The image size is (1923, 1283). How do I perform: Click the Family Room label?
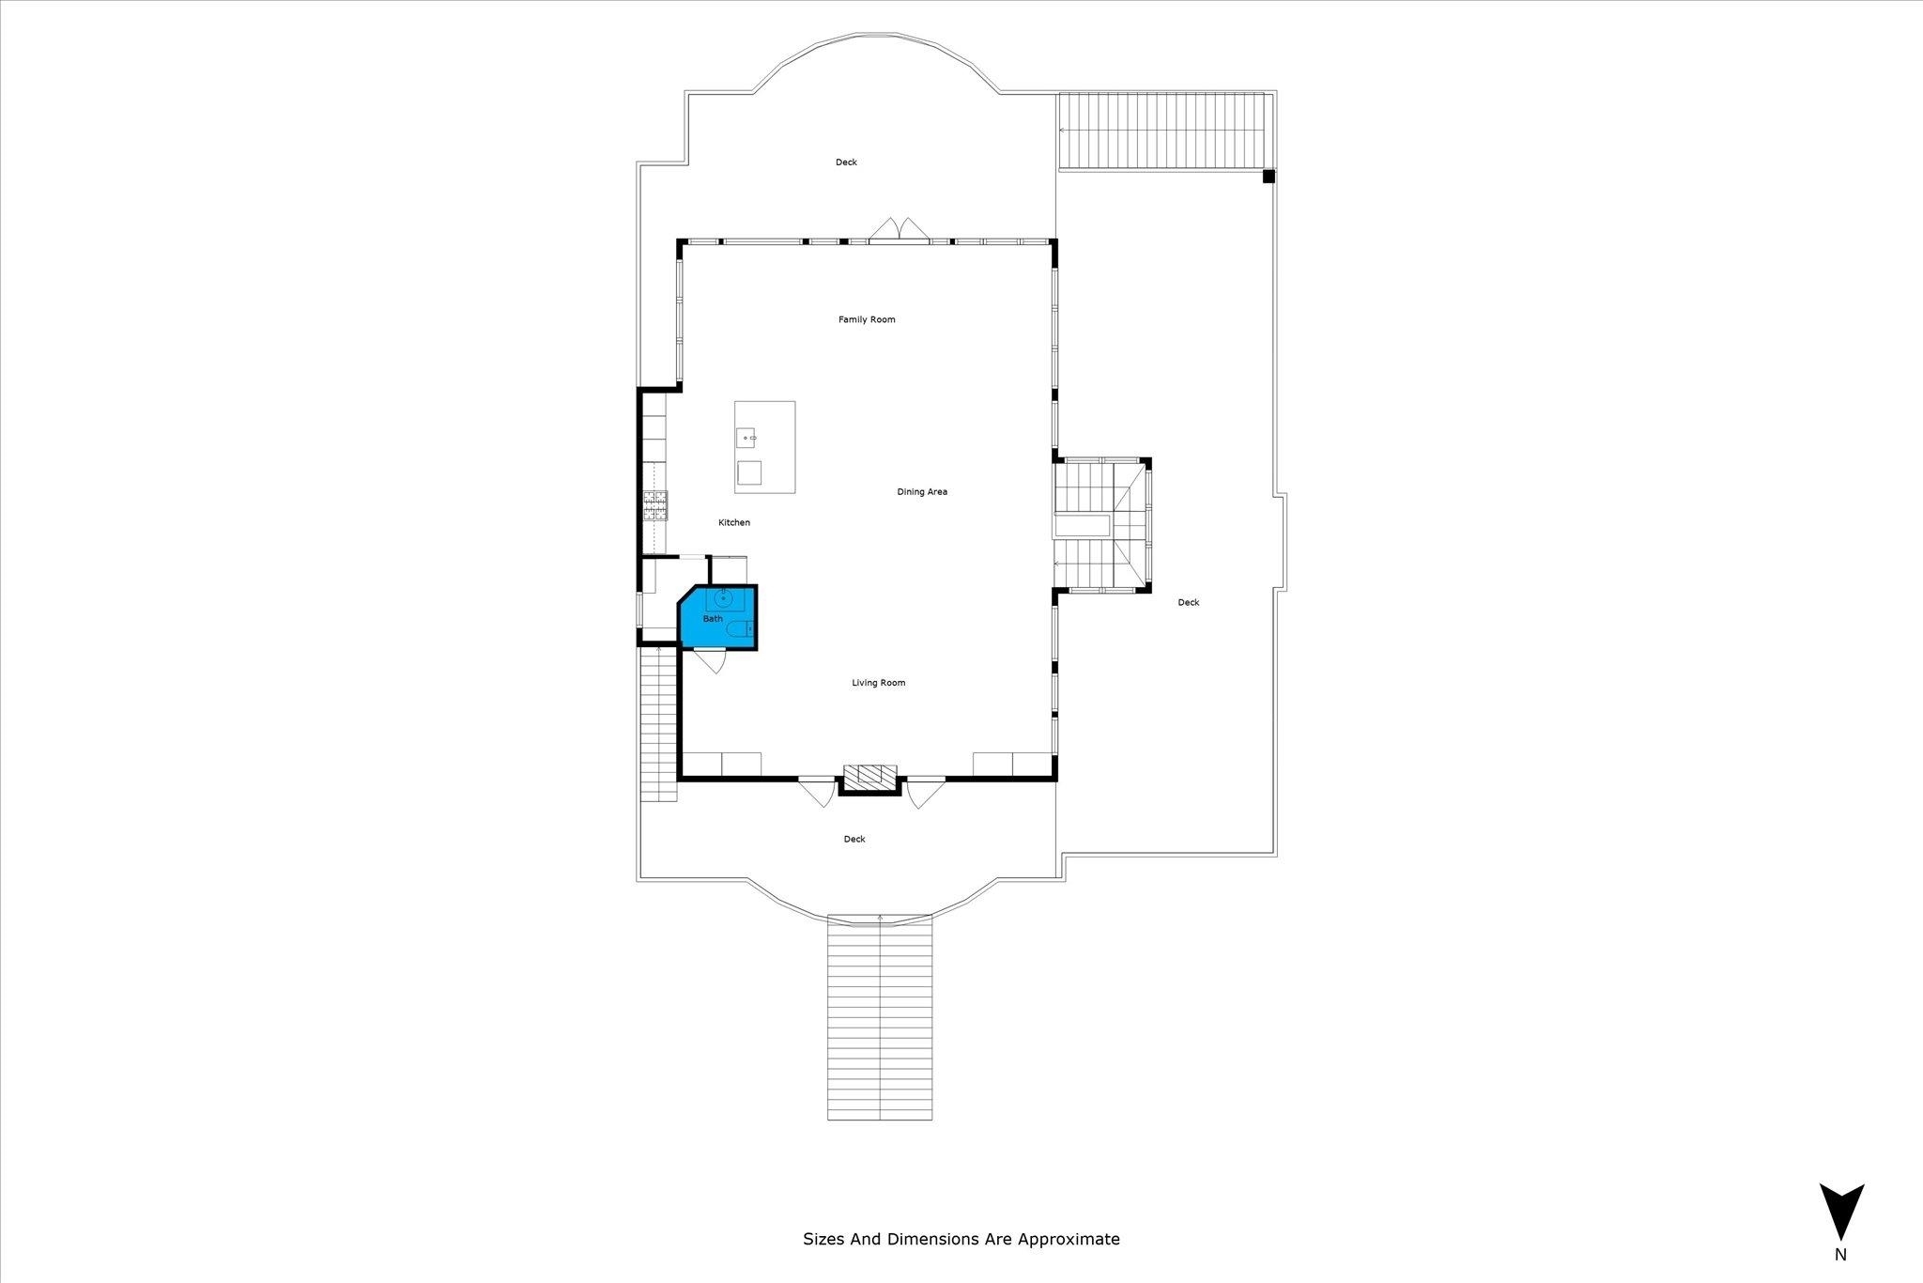[x=867, y=319]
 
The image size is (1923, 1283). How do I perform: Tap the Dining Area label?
[x=922, y=491]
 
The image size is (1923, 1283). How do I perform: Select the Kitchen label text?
[x=734, y=522]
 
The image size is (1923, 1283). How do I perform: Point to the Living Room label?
[x=879, y=683]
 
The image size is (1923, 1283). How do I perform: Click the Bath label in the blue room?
[x=713, y=618]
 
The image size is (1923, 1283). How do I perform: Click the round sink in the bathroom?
[x=724, y=597]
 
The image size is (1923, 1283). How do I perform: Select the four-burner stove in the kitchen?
[x=654, y=505]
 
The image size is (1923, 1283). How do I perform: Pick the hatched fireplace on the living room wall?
[x=869, y=777]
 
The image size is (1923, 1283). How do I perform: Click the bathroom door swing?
[x=711, y=661]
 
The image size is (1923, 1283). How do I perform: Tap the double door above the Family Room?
[x=900, y=230]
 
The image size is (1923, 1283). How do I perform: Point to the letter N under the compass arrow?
[x=1840, y=1279]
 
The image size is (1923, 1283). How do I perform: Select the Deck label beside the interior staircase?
[x=1189, y=602]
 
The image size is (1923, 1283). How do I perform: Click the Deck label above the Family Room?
[x=846, y=162]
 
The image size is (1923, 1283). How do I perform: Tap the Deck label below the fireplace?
[x=854, y=839]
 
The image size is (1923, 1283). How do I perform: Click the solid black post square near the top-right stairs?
[x=1269, y=176]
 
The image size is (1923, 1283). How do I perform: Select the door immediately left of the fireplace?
[x=817, y=791]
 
